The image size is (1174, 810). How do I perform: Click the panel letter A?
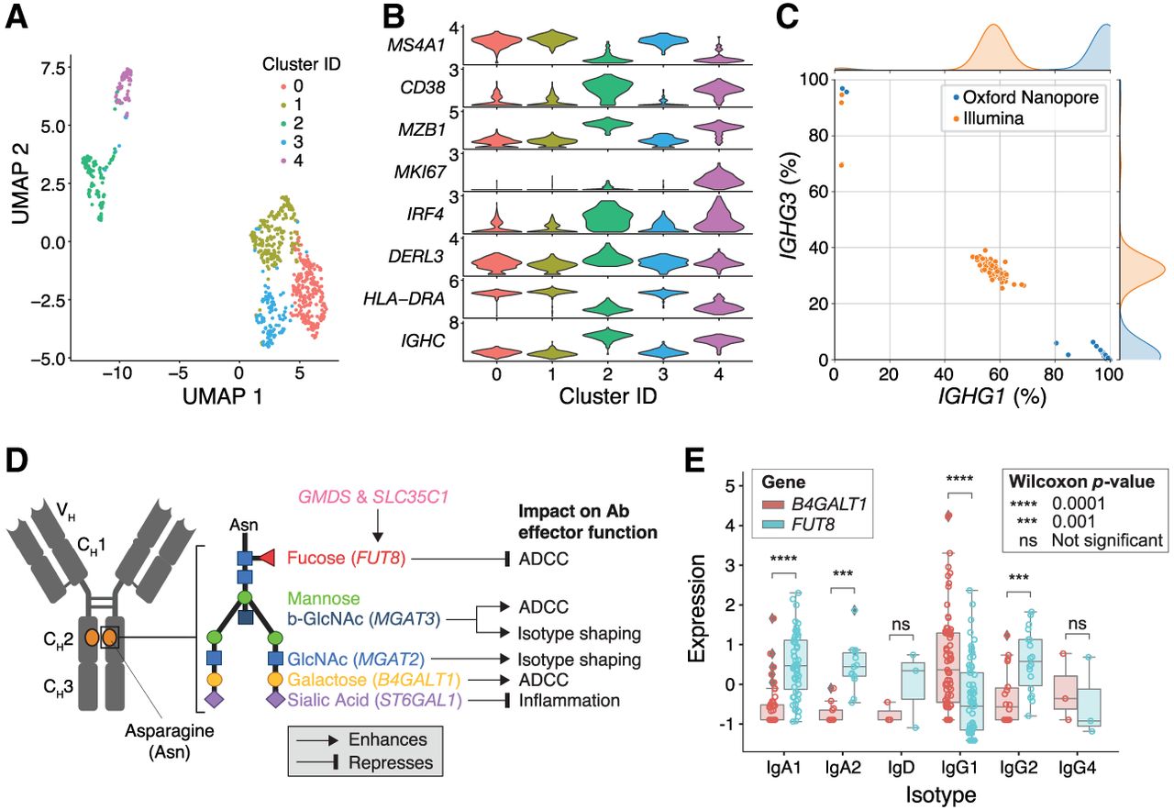[16, 17]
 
